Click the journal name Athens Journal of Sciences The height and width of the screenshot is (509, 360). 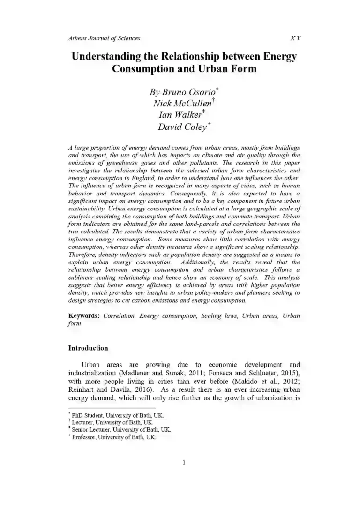point(104,38)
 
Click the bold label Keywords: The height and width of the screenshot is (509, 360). point(84,316)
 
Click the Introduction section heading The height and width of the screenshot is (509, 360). point(88,348)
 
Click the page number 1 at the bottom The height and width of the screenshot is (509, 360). point(184,464)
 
